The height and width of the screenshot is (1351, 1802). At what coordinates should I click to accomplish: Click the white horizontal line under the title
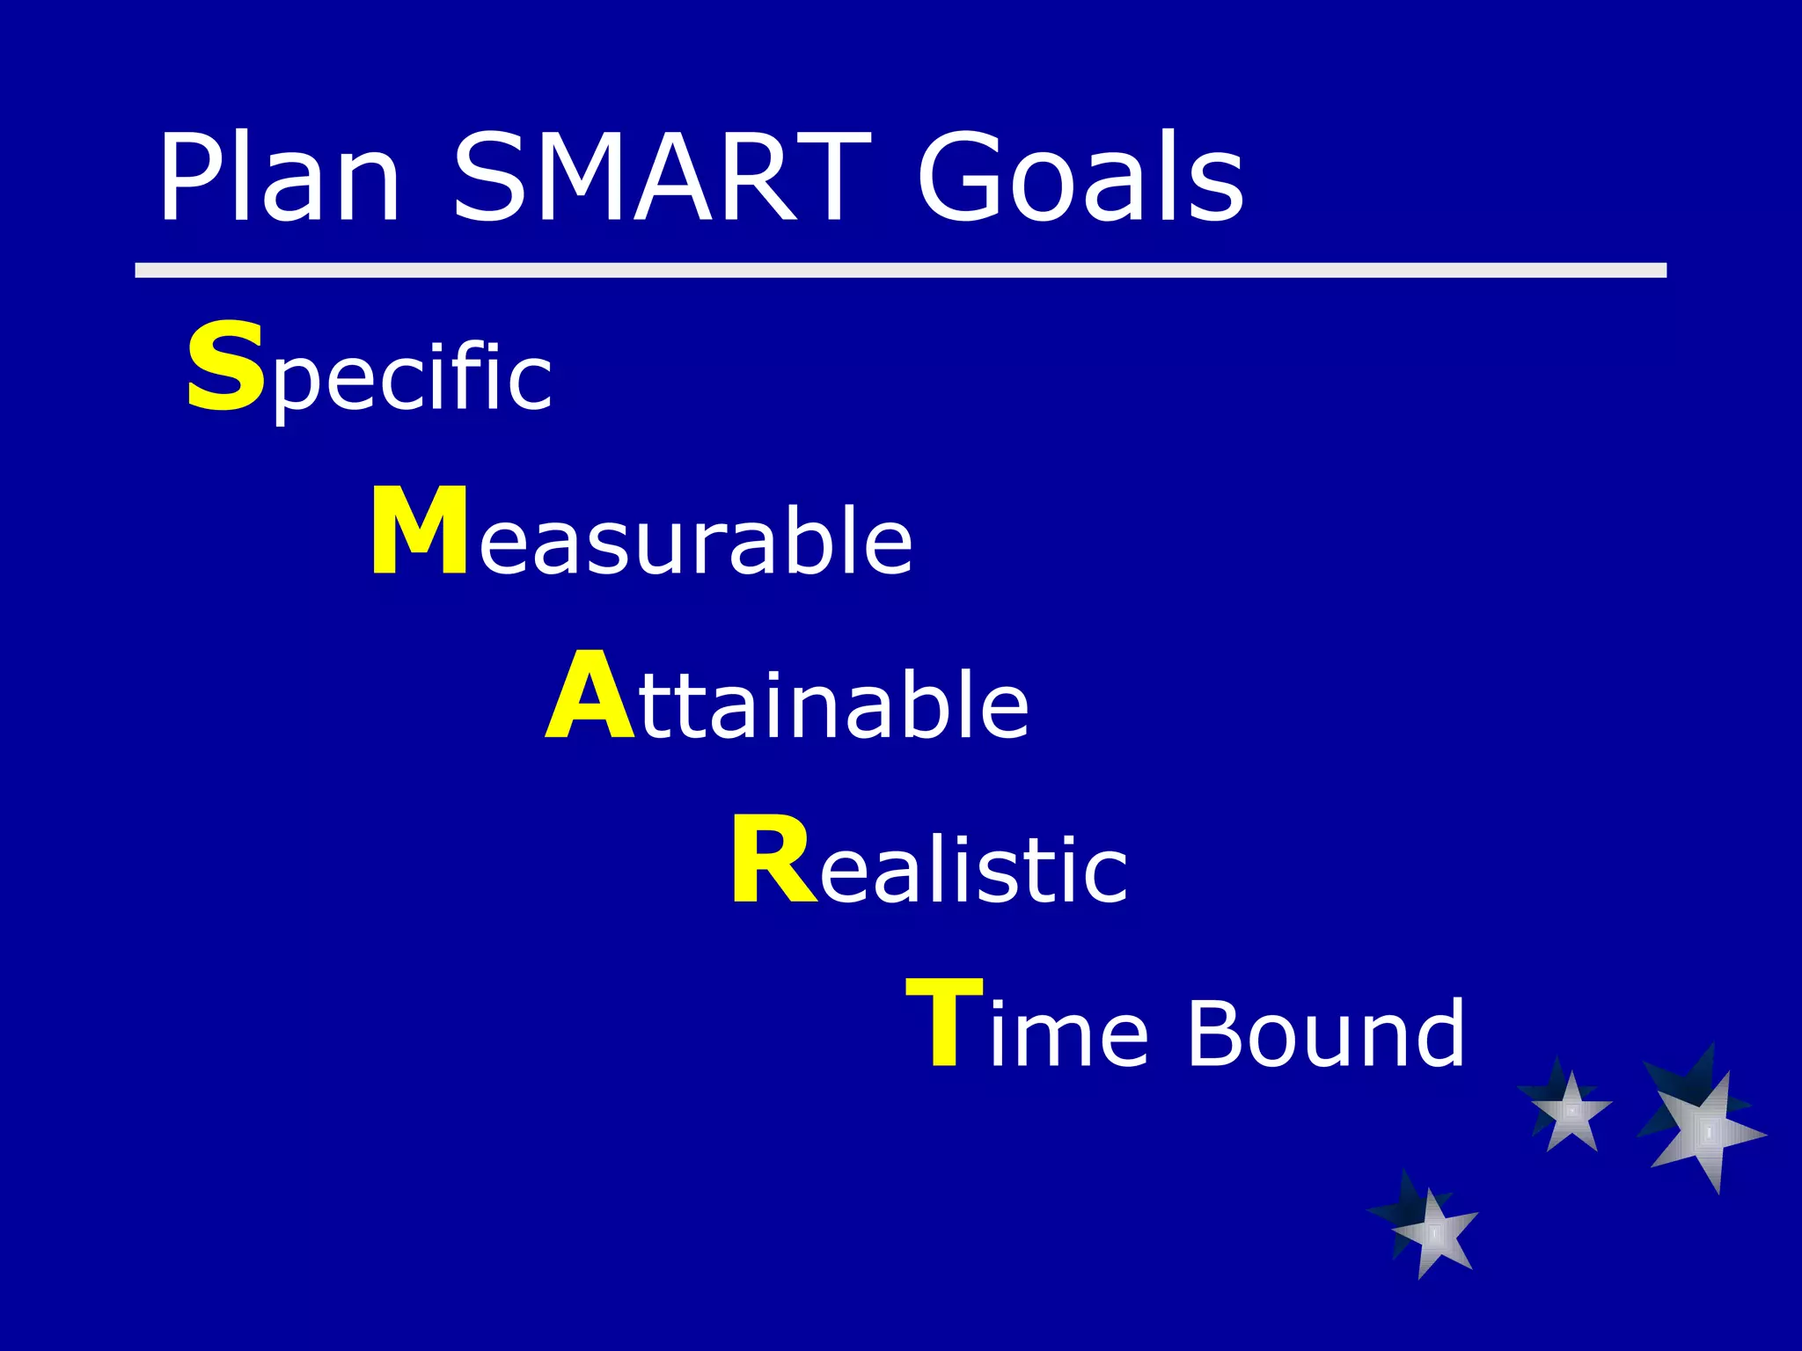pos(900,270)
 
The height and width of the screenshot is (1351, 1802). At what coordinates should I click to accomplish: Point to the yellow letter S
pos(225,366)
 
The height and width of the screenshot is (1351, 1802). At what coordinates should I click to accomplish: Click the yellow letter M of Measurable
pos(419,531)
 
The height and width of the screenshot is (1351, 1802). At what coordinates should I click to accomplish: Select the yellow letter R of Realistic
pos(773,860)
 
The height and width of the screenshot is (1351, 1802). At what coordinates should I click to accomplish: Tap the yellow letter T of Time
pos(944,1024)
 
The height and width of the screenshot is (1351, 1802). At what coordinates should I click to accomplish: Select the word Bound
pos(1326,1033)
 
